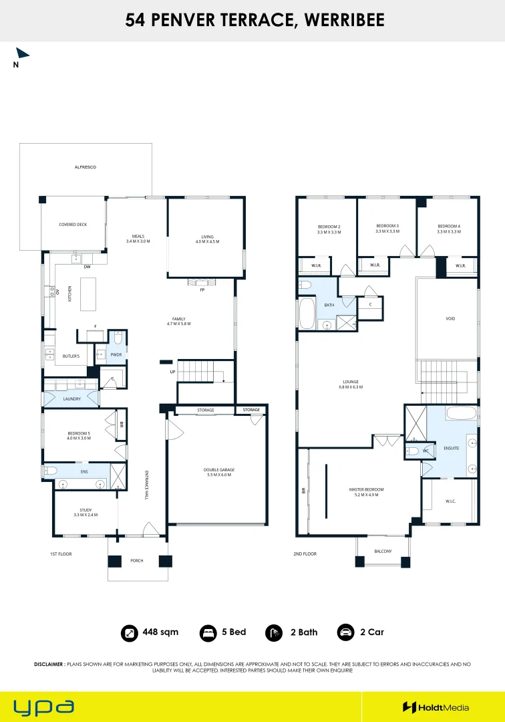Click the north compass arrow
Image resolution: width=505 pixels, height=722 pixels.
pyautogui.click(x=21, y=53)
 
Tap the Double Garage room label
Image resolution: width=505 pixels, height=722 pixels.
pyautogui.click(x=219, y=472)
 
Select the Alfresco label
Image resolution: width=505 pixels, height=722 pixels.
pyautogui.click(x=86, y=167)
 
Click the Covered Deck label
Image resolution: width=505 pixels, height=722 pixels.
pyautogui.click(x=73, y=225)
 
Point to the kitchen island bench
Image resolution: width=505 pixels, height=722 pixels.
pyautogui.click(x=88, y=294)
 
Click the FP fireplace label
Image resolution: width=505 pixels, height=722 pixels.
pyautogui.click(x=202, y=290)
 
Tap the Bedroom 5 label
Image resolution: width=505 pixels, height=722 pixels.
pyautogui.click(x=79, y=436)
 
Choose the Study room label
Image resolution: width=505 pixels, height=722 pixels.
pyautogui.click(x=86, y=513)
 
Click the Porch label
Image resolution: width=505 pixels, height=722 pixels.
pyautogui.click(x=136, y=561)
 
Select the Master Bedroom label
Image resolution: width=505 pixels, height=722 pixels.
pyautogui.click(x=366, y=492)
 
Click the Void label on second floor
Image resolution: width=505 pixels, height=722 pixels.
pyautogui.click(x=450, y=319)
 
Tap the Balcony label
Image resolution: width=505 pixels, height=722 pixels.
pyautogui.click(x=383, y=551)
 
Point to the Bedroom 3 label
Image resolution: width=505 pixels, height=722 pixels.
pyautogui.click(x=387, y=229)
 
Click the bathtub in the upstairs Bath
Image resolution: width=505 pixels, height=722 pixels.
pyautogui.click(x=307, y=313)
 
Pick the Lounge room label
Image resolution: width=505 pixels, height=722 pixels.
pyautogui.click(x=351, y=384)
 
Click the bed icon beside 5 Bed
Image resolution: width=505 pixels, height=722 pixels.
pyautogui.click(x=208, y=633)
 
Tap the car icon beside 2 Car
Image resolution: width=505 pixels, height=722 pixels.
pyautogui.click(x=345, y=633)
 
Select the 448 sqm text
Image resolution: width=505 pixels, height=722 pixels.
pyautogui.click(x=160, y=632)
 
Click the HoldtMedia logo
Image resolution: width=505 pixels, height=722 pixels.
pyautogui.click(x=436, y=707)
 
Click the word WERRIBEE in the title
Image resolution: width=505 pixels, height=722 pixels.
pyautogui.click(x=345, y=20)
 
